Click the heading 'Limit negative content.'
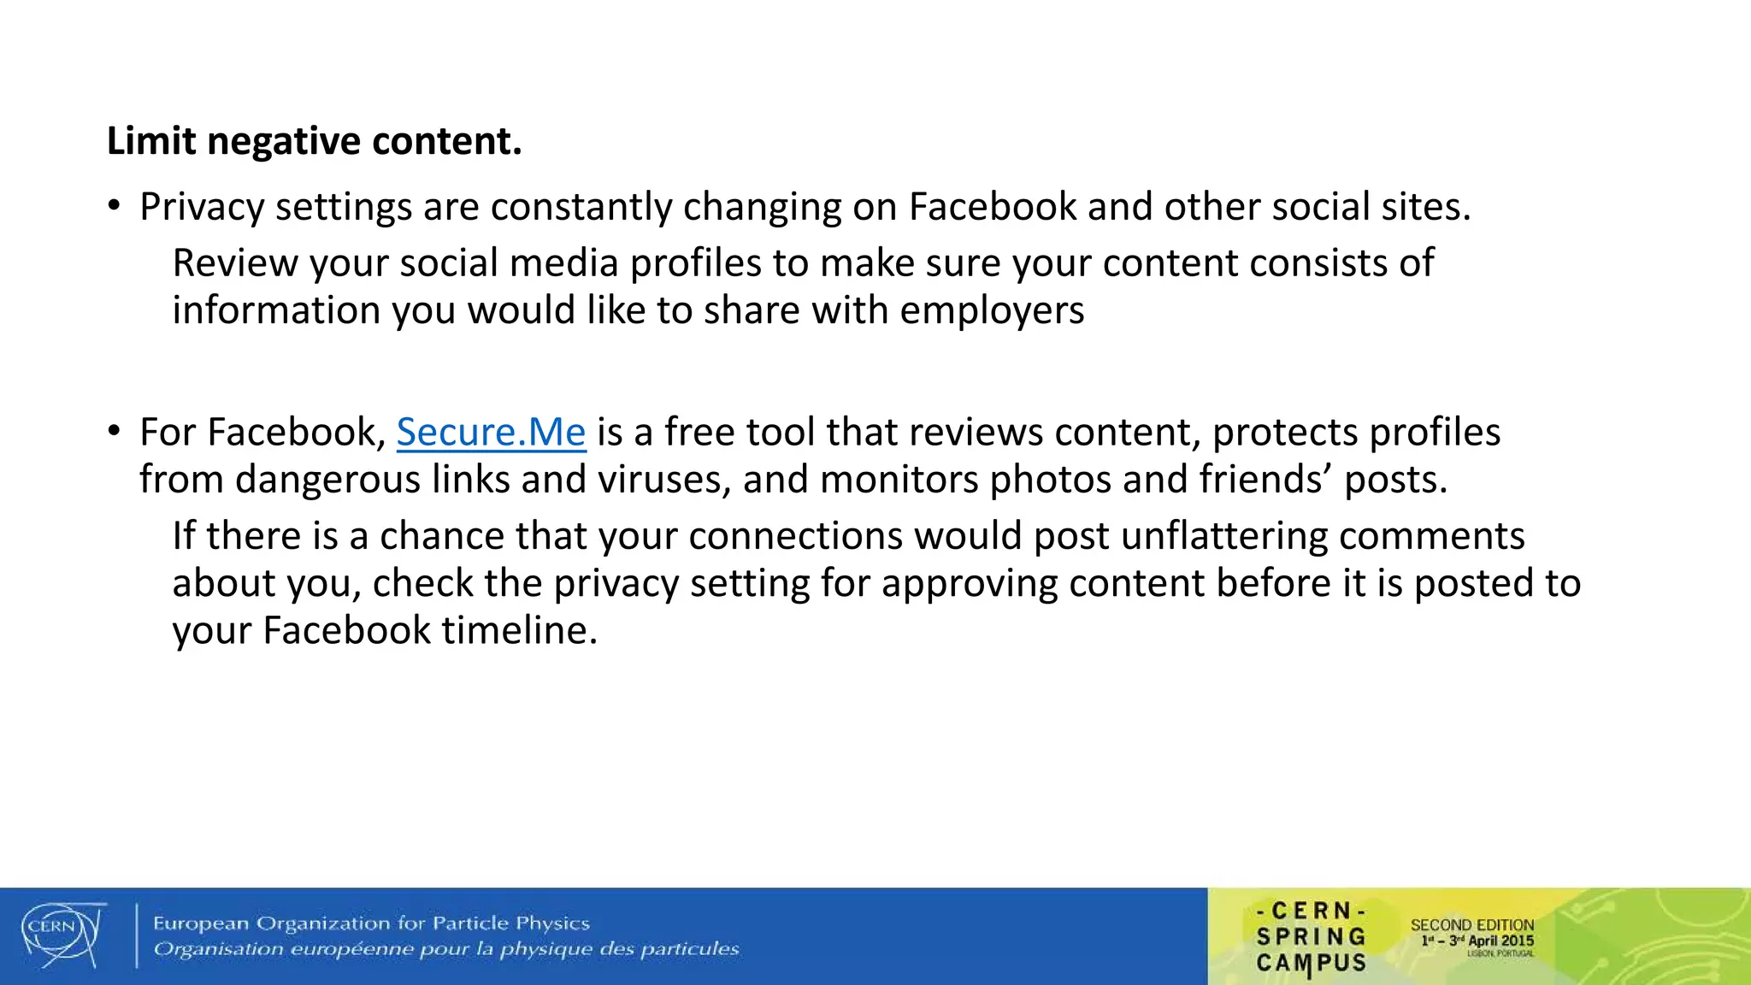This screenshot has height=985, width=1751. click(x=314, y=141)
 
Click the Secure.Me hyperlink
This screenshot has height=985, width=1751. click(x=491, y=433)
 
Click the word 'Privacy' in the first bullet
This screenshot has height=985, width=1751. click(x=202, y=208)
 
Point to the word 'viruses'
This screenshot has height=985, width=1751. click(x=663, y=480)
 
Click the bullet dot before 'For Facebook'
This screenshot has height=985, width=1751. click(x=114, y=430)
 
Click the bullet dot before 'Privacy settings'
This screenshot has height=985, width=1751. click(x=114, y=205)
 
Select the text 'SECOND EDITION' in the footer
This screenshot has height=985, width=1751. click(x=1471, y=925)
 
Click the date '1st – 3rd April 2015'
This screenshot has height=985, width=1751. click(x=1477, y=941)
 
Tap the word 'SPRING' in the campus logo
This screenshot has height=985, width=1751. click(x=1311, y=937)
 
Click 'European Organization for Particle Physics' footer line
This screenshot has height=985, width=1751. click(x=371, y=923)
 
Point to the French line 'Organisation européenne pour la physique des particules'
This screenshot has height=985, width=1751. click(x=445, y=949)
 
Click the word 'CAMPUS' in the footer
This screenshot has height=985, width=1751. click(x=1311, y=964)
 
